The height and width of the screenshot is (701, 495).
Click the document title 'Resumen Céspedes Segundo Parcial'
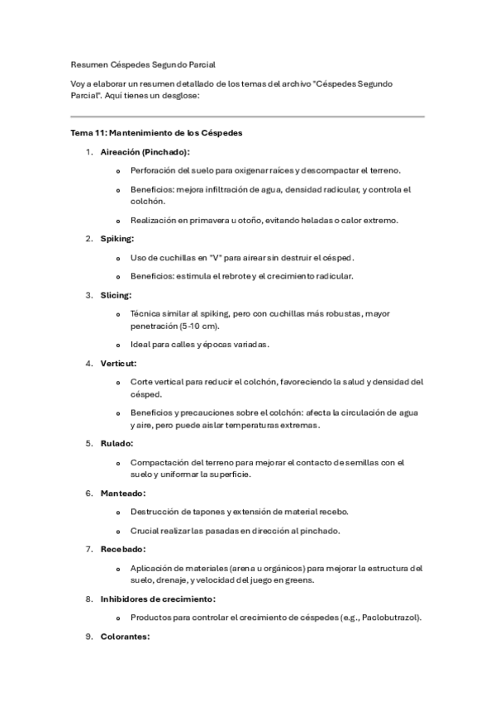(x=143, y=63)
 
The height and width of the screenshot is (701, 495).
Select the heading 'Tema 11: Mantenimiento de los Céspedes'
(x=156, y=132)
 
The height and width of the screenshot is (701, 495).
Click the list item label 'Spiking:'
(x=117, y=239)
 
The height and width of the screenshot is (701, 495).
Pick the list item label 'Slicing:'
(x=116, y=294)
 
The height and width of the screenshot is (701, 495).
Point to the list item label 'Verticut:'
(x=118, y=363)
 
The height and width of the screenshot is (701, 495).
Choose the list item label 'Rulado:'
(x=117, y=443)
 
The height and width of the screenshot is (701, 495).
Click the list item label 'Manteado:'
(x=122, y=493)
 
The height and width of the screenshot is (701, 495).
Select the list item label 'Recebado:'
(x=122, y=549)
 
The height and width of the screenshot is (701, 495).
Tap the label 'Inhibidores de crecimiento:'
(x=158, y=598)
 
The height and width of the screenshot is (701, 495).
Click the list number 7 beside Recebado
(x=89, y=549)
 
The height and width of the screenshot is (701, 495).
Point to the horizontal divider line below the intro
(x=247, y=117)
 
